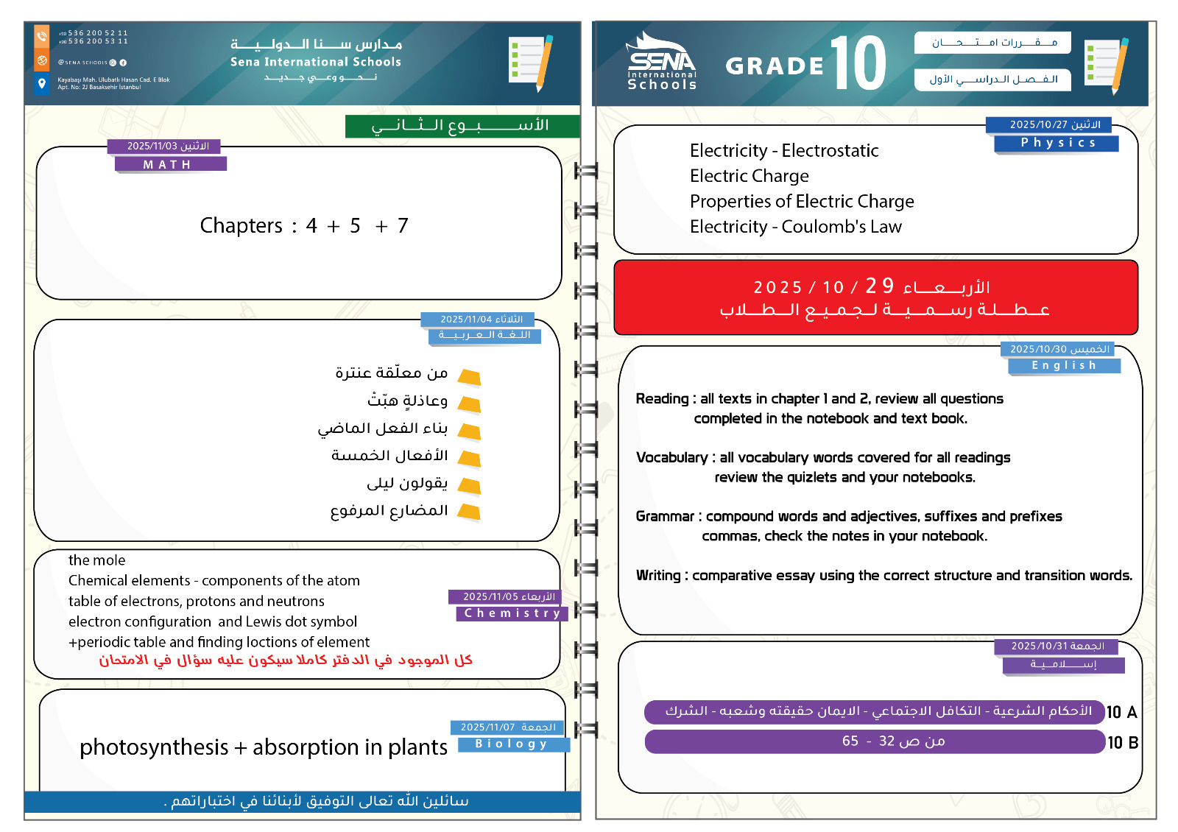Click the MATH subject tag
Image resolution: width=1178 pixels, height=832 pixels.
(170, 164)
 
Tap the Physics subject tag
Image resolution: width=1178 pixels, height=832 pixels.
(1057, 143)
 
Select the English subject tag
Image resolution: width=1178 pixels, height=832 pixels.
(1064, 365)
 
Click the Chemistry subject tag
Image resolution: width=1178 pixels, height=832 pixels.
(512, 613)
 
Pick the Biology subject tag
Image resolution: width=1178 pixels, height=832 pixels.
(512, 744)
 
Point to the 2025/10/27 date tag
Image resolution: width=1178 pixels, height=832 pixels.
(1048, 124)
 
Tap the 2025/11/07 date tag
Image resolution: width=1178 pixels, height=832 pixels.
(507, 727)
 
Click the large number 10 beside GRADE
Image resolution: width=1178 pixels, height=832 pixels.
(858, 64)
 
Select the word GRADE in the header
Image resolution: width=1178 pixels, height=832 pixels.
(775, 66)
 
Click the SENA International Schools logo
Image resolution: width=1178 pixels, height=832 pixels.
(661, 63)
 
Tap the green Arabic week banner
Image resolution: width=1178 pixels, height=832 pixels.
(462, 126)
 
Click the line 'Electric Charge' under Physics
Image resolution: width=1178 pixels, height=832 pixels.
(749, 176)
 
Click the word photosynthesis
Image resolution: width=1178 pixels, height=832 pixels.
(154, 747)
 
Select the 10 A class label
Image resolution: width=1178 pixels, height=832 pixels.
(1121, 712)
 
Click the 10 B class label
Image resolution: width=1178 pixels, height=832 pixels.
(1122, 742)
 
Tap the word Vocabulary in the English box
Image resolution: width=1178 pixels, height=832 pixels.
(671, 457)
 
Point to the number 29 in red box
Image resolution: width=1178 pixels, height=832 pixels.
(879, 286)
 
